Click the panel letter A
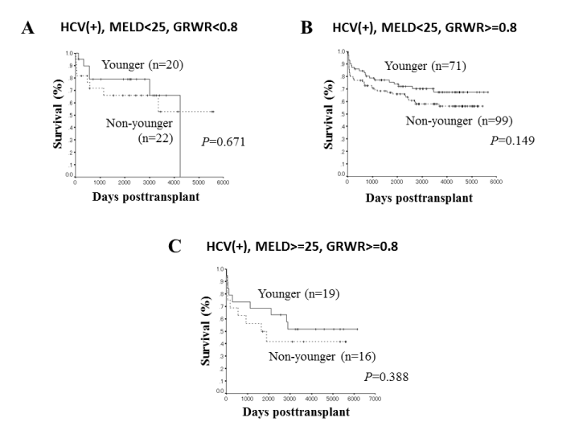28,29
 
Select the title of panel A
149,28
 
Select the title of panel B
425,28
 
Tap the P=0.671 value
223,141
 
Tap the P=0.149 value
513,139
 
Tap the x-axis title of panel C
299,413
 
